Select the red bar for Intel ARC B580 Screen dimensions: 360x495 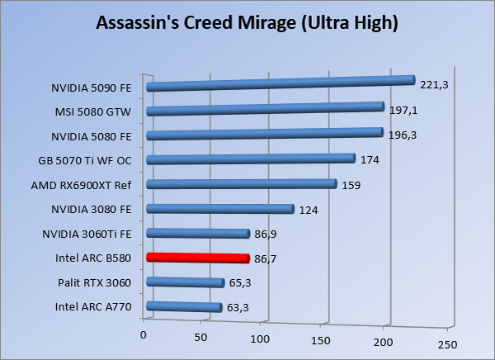[x=197, y=258]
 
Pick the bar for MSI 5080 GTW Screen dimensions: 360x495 [x=265, y=109]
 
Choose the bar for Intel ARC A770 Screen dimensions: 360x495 [x=184, y=307]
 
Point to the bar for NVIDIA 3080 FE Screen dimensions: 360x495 [x=219, y=209]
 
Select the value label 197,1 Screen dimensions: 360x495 [x=403, y=110]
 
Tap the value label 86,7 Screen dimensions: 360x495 [x=267, y=259]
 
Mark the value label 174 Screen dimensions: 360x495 [x=370, y=159]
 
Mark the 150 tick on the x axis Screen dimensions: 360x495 [x=323, y=339]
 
